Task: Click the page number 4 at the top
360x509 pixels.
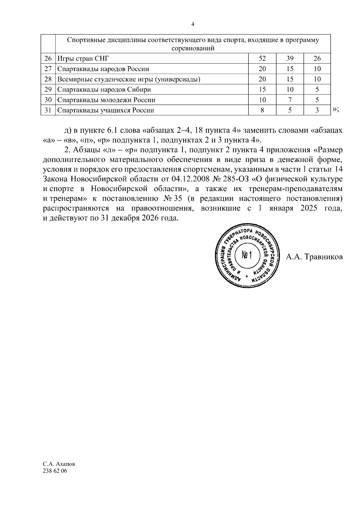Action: [x=193, y=24]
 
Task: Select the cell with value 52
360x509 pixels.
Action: [x=262, y=58]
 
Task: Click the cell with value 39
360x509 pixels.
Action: [x=290, y=58]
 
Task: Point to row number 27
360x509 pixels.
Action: [x=48, y=69]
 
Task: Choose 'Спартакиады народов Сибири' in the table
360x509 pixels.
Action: [x=104, y=90]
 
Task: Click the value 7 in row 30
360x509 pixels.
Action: [x=290, y=100]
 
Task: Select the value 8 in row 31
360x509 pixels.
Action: [x=262, y=110]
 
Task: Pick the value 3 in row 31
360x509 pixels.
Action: [x=317, y=110]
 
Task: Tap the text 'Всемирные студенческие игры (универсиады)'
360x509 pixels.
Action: [x=129, y=79]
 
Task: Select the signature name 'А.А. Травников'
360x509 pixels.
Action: [x=314, y=257]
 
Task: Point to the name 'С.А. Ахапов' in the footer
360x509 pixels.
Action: [x=59, y=464]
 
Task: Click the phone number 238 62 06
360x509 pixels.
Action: [x=55, y=471]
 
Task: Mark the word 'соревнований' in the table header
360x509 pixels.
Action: [x=193, y=49]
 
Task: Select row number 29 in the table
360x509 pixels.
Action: [x=48, y=90]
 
